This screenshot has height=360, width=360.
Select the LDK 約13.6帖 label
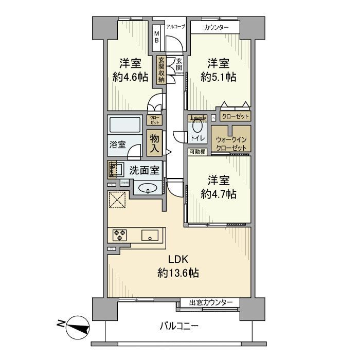click(178, 266)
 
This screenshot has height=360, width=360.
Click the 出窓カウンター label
click(211, 302)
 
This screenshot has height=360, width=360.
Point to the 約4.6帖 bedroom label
click(131, 71)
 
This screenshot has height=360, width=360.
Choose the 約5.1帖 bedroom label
click(218, 71)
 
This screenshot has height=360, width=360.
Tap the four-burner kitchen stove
click(120, 236)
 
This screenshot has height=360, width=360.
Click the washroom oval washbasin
click(148, 188)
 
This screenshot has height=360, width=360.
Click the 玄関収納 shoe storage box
click(161, 69)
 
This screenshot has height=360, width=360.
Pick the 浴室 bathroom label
click(118, 145)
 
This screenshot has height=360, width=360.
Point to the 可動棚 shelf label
click(197, 151)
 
